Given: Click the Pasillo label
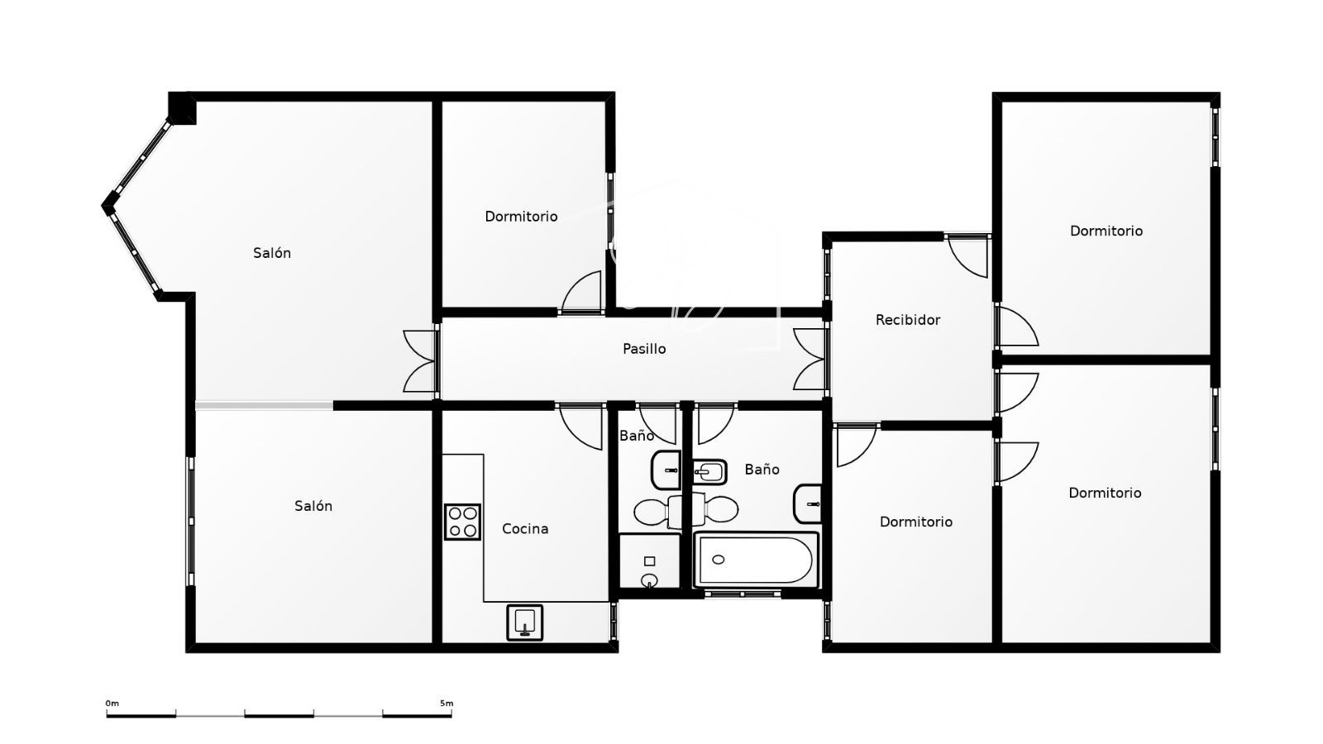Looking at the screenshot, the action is pyautogui.click(x=644, y=349).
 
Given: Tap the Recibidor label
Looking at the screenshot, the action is pyautogui.click(x=907, y=320).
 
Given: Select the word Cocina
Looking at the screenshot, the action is pyautogui.click(x=524, y=529).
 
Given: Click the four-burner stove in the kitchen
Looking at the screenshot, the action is pyautogui.click(x=462, y=522).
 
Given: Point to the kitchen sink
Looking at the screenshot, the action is pyautogui.click(x=524, y=622).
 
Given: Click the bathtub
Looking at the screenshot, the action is pyautogui.click(x=756, y=560).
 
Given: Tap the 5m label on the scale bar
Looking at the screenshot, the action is pyautogui.click(x=447, y=703).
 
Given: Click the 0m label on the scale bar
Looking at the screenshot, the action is pyautogui.click(x=112, y=703).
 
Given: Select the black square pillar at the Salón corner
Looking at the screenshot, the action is pyautogui.click(x=181, y=107).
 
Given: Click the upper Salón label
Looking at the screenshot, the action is pyautogui.click(x=272, y=253).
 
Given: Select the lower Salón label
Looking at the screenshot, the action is pyautogui.click(x=313, y=506).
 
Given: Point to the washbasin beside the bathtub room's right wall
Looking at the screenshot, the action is pyautogui.click(x=808, y=503).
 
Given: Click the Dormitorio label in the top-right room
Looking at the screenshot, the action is pyautogui.click(x=1106, y=231).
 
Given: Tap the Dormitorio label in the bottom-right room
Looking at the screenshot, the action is pyautogui.click(x=1105, y=493).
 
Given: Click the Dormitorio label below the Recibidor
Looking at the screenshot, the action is pyautogui.click(x=916, y=522).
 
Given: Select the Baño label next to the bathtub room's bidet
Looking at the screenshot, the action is pyautogui.click(x=762, y=470).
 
